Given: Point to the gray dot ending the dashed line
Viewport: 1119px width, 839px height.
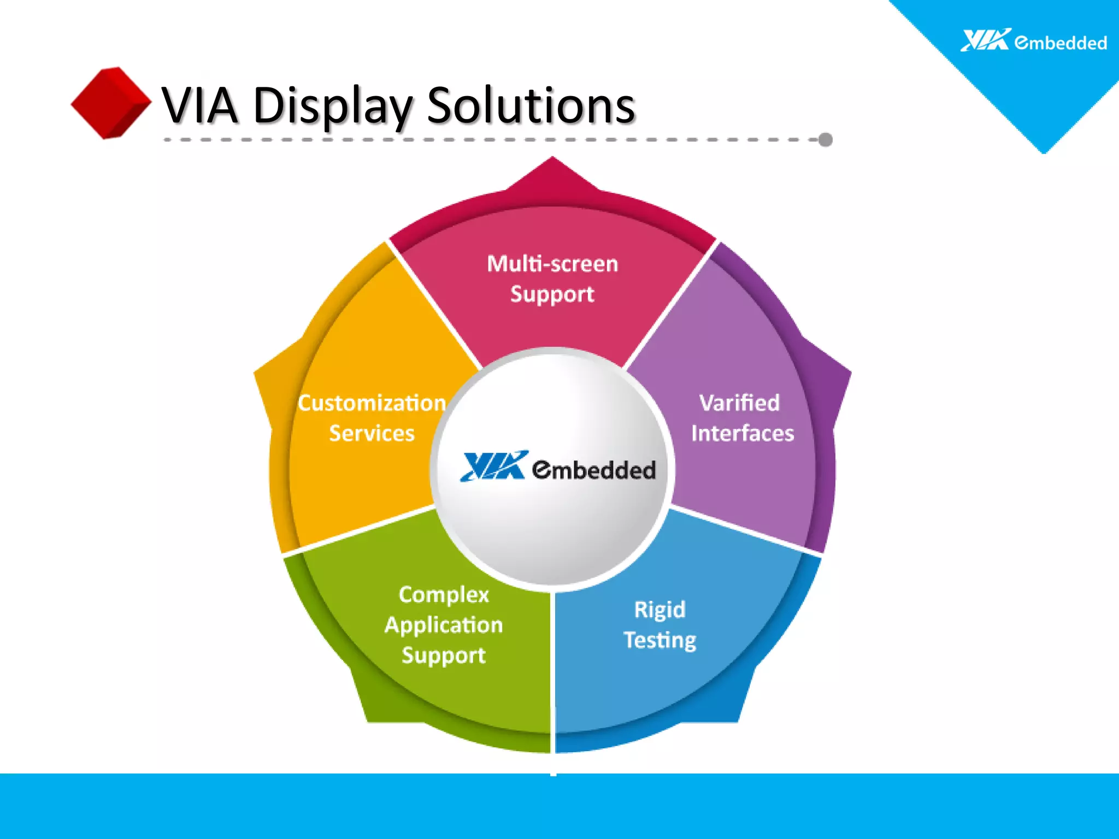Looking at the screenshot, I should click(826, 140).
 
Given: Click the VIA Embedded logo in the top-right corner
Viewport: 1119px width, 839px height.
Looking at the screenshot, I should click(1033, 41).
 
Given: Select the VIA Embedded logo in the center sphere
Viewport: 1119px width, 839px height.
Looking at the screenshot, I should click(557, 468).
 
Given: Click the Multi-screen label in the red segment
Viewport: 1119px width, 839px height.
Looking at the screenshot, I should click(552, 264).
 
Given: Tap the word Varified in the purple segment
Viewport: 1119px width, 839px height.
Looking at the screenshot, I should click(740, 403).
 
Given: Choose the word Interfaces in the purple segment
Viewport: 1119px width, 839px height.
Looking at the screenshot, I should click(743, 434).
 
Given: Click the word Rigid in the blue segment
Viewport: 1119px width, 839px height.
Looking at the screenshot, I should click(659, 610).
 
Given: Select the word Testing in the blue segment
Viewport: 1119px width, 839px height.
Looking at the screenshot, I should click(660, 640).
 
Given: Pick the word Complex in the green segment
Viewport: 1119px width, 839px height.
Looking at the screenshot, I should click(444, 595).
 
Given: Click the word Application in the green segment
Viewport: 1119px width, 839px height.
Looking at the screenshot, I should click(444, 625).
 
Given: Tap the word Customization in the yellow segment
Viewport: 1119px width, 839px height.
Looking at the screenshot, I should click(372, 403).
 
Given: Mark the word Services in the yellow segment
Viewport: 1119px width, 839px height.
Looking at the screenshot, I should click(372, 434).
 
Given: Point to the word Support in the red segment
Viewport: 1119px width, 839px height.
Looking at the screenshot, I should click(552, 294).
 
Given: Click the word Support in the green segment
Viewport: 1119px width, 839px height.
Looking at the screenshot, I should click(444, 655).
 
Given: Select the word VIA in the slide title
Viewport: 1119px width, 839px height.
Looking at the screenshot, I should click(200, 106).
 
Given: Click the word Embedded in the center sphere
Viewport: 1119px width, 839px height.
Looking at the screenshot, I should click(594, 470).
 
